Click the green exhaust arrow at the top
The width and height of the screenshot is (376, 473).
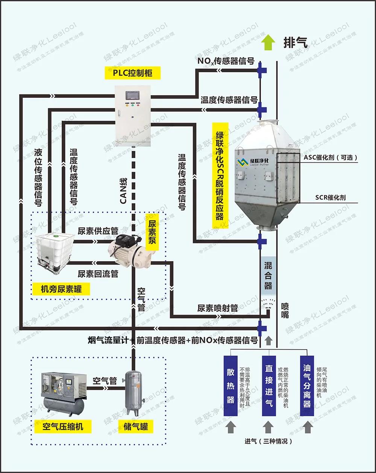[x=268, y=42]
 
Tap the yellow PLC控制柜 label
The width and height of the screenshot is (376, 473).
[x=133, y=73]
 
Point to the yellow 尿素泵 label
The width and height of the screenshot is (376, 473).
[x=152, y=232]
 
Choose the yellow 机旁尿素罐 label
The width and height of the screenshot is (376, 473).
[x=61, y=289]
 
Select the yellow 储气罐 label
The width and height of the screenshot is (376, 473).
[x=136, y=427]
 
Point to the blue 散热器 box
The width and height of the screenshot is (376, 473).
[x=230, y=386]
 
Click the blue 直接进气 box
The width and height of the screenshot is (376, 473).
[x=269, y=386]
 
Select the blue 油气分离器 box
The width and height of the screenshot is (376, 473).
[x=307, y=386]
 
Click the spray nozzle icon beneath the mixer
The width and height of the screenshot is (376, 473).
[x=268, y=303]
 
